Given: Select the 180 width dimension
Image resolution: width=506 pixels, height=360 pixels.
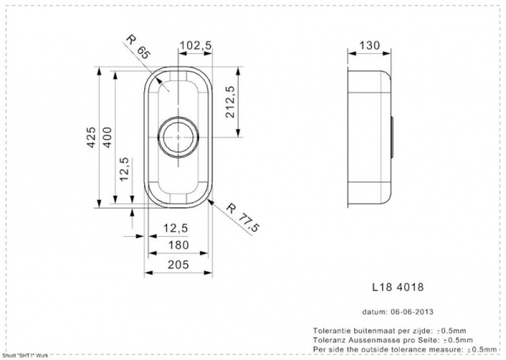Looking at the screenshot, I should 176,246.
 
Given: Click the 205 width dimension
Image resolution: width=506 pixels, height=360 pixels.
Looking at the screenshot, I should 176,266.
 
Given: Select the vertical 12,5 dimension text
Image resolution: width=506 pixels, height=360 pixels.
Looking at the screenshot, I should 123,169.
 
